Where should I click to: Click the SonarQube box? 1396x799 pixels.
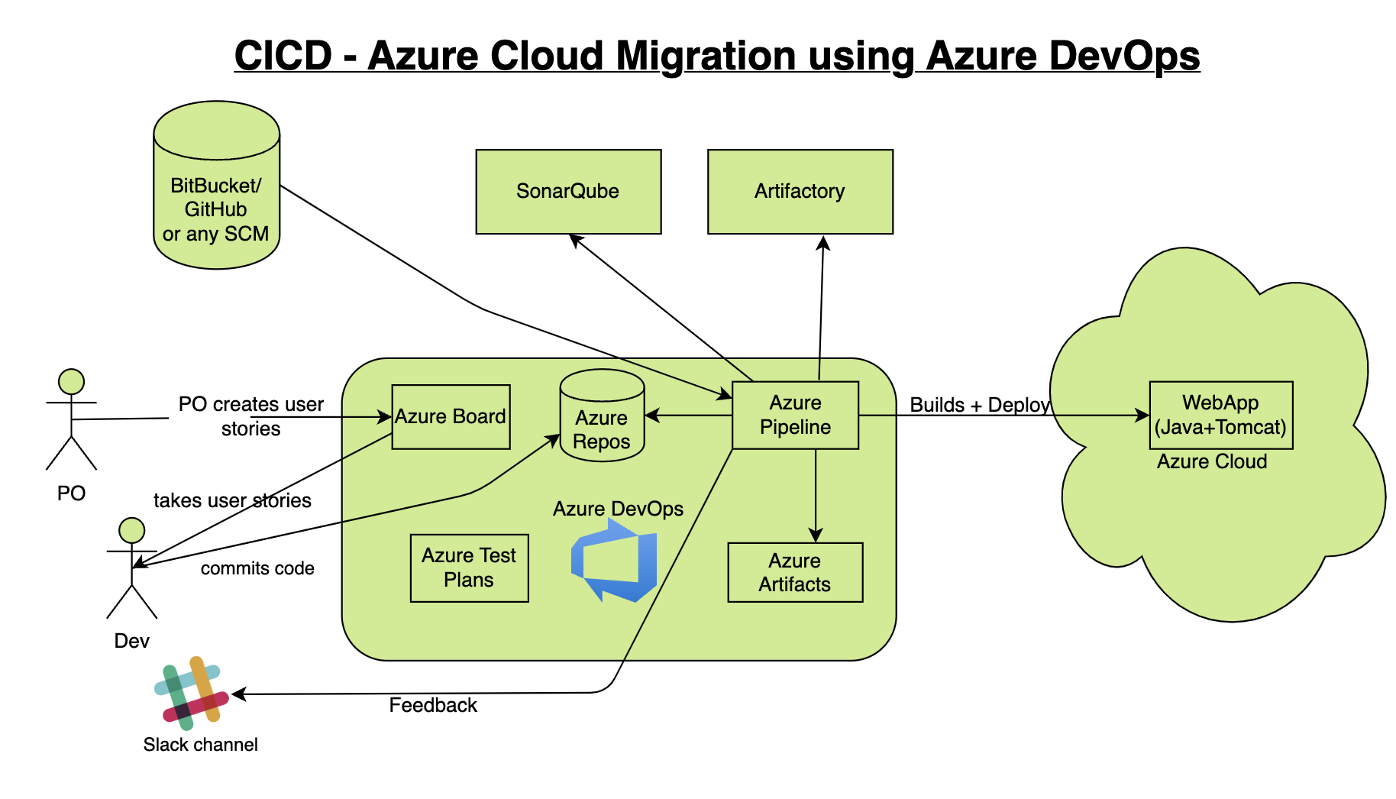tap(568, 191)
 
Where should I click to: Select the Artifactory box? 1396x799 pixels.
tap(800, 191)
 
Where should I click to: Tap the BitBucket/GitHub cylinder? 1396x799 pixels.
tap(216, 186)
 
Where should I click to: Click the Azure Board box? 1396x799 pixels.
tap(451, 416)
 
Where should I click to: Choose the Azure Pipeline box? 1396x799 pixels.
tap(795, 415)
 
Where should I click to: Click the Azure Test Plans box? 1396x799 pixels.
tap(469, 568)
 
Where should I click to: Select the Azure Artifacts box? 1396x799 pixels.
tap(795, 572)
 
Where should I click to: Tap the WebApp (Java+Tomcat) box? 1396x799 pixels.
tap(1220, 415)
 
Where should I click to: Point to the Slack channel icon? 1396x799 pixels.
tap(192, 693)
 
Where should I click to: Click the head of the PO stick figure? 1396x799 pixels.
tap(71, 382)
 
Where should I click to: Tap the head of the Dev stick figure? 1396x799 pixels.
tap(132, 530)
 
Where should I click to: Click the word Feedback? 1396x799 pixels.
tap(433, 705)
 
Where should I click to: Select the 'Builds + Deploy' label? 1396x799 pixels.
tap(980, 405)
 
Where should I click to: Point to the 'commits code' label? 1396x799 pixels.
tap(257, 568)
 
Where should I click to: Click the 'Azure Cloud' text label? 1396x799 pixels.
tap(1211, 461)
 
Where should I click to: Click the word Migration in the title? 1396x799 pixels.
tap(703, 56)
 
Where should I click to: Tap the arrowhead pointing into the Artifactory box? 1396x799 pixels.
tap(823, 242)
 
